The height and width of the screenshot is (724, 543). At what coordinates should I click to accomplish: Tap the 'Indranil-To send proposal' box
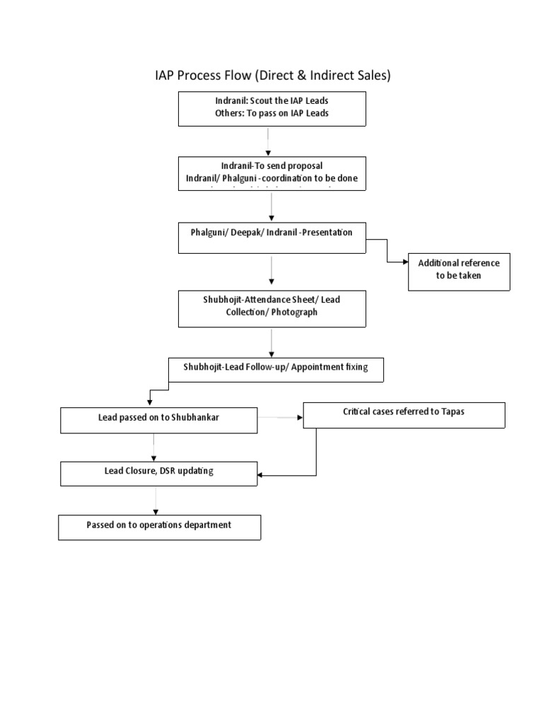[272, 173]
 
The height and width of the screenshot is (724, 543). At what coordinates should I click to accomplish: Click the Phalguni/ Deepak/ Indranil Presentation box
[272, 237]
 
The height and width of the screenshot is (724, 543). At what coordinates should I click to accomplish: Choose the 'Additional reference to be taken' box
[458, 269]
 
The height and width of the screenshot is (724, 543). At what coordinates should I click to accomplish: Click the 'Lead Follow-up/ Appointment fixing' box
[276, 368]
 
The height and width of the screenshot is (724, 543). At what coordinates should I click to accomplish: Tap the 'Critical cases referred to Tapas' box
[404, 414]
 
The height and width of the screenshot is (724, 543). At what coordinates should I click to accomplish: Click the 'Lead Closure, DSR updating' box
[158, 473]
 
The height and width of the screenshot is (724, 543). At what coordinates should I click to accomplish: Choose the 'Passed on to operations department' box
[159, 527]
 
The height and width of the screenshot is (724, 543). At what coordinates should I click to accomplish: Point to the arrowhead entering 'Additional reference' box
[405, 262]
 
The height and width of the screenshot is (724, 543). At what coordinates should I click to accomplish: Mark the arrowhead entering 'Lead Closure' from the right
[261, 476]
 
